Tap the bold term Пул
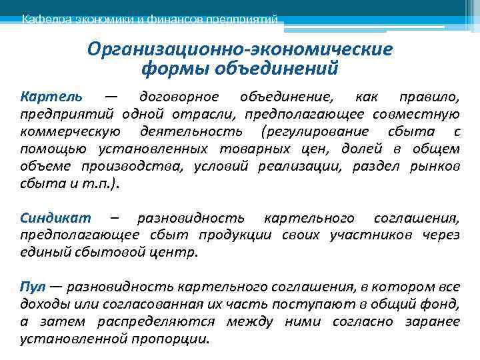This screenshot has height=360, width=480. coord(32,287)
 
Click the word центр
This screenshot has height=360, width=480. coord(178,253)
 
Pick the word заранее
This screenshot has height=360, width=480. coord(432,321)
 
